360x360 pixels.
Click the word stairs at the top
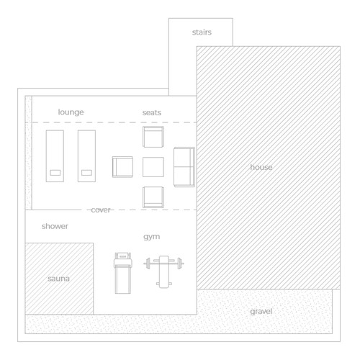201,33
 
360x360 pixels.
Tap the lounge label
71,112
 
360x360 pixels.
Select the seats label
152,112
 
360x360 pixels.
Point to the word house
261,167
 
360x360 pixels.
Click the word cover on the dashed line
101,210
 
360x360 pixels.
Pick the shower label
55,226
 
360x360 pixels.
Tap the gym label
151,236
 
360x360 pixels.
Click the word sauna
59,278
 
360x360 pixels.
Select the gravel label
261,311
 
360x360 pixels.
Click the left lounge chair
55,156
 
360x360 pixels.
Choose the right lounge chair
87,156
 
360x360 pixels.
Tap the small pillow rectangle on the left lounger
55,172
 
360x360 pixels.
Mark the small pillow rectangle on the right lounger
87,172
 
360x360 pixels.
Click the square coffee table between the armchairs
154,167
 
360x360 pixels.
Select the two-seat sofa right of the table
184,167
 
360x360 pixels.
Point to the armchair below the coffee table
154,197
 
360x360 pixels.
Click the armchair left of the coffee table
123,167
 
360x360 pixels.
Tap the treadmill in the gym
123,274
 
